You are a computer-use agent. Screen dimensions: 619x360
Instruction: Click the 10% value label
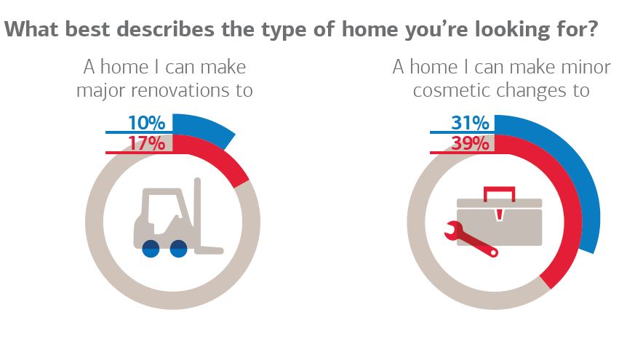(146, 123)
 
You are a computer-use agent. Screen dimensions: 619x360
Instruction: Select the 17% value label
(146, 143)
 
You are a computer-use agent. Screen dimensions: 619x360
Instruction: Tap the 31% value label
(470, 123)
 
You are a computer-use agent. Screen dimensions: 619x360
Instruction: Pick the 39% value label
(470, 143)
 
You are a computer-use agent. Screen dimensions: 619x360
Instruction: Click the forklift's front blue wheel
(178, 249)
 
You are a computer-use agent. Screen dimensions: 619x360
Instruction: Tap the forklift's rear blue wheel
(151, 249)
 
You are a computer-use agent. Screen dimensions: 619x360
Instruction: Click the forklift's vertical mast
(197, 213)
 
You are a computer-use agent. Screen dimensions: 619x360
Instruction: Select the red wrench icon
(471, 240)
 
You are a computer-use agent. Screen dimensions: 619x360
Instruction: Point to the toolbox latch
(500, 215)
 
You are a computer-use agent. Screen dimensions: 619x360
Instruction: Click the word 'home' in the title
(370, 29)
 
